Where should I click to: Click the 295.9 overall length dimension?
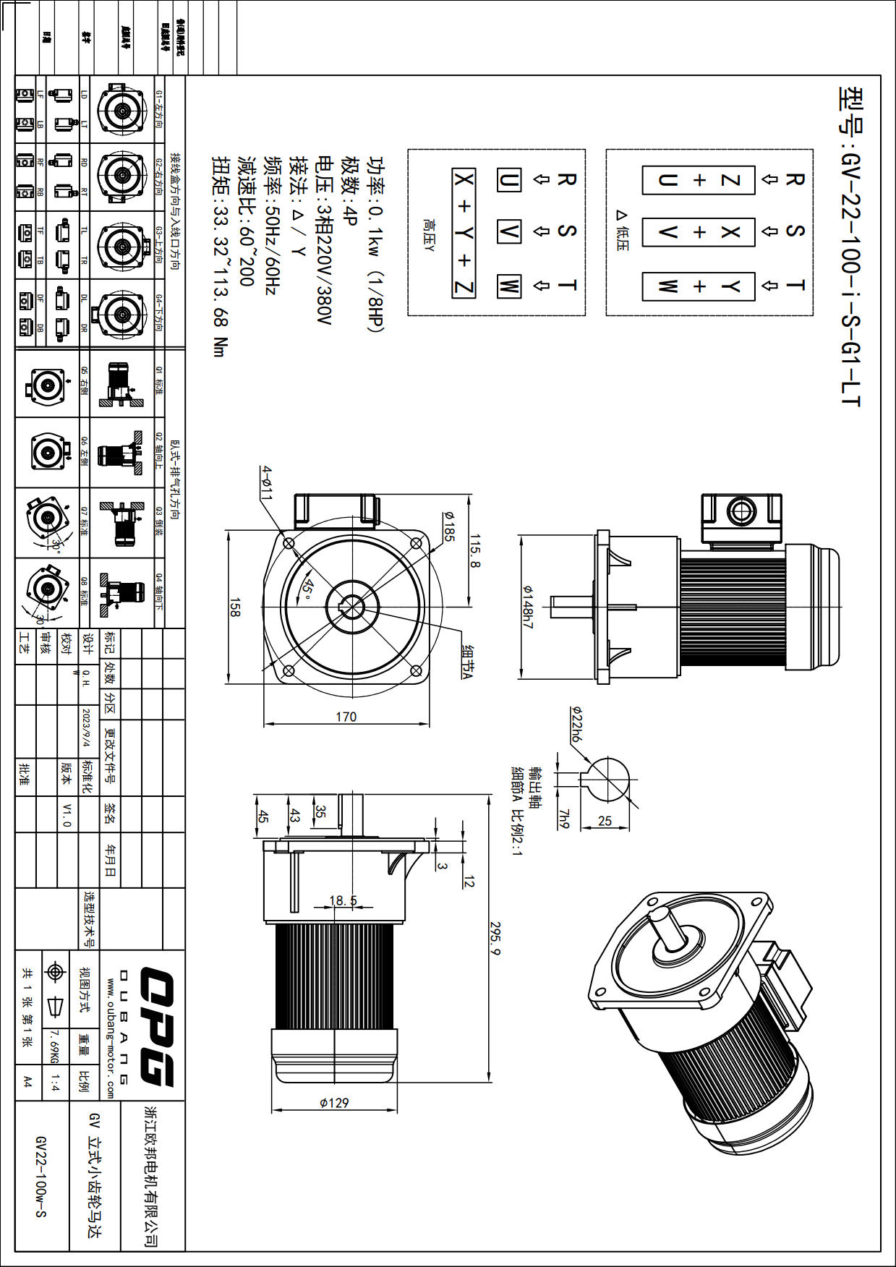coord(495,937)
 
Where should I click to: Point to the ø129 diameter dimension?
coord(334,1102)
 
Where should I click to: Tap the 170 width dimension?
coord(346,716)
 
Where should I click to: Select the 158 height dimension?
coord(234,607)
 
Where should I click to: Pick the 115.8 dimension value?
coord(474,551)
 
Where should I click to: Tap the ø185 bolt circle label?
coord(448,526)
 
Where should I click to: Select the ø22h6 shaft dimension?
coord(576,725)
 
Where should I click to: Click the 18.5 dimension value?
coord(343,900)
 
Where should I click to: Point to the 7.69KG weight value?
coord(54,1046)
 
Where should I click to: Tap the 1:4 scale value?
coord(55,1082)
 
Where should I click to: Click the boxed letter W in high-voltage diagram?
coord(508,286)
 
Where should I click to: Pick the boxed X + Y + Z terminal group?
coord(464,233)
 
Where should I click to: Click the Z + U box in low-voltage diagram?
coord(699,180)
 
